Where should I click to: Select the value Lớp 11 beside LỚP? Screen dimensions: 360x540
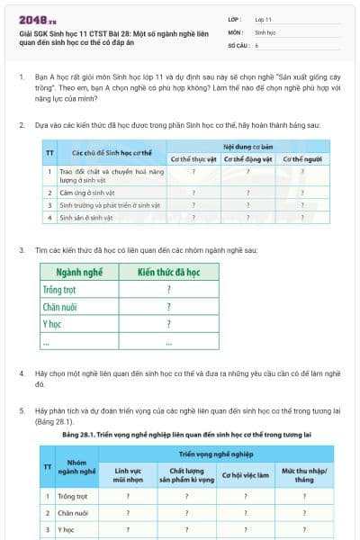click(x=264, y=18)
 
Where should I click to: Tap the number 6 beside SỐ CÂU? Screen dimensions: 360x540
click(x=257, y=44)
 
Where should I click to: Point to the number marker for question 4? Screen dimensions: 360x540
click(x=22, y=373)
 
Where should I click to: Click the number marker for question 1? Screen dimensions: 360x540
click(x=22, y=78)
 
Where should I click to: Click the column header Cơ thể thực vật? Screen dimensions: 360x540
click(x=194, y=158)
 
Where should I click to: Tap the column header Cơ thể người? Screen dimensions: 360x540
click(x=302, y=158)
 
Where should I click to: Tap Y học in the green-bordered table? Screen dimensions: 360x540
click(x=51, y=323)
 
